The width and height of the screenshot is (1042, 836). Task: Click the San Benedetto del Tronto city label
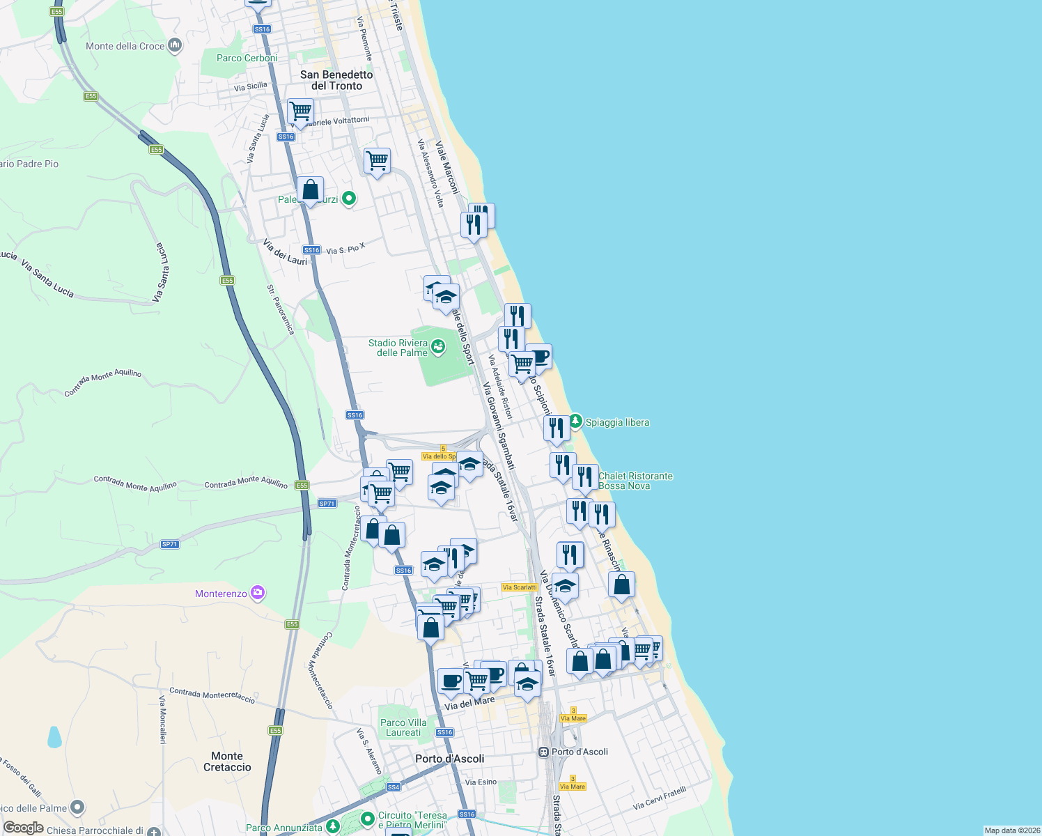tap(336, 80)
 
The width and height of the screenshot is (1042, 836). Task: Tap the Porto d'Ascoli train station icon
tap(543, 752)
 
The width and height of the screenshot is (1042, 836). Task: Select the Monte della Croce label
tap(125, 46)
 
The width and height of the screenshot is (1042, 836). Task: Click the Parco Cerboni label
tap(247, 58)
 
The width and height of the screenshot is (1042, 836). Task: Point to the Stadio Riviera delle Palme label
tap(398, 348)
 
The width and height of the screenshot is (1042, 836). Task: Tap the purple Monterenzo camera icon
tap(258, 593)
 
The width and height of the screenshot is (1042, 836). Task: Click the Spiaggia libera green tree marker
tap(575, 421)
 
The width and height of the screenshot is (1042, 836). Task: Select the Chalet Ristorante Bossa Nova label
tap(635, 481)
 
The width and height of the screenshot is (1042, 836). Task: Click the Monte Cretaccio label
tap(227, 761)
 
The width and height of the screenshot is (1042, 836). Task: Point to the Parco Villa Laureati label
tap(403, 727)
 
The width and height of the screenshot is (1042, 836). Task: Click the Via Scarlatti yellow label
tap(520, 587)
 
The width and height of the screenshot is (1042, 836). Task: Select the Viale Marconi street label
tap(447, 167)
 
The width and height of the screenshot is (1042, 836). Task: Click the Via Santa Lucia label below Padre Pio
tap(47, 278)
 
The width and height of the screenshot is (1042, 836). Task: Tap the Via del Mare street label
tap(469, 704)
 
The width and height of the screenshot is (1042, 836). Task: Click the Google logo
tap(24, 828)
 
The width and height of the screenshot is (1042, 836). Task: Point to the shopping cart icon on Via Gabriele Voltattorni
tap(300, 111)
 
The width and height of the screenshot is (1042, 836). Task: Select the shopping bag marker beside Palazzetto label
tap(310, 189)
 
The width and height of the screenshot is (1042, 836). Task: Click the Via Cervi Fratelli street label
tap(659, 798)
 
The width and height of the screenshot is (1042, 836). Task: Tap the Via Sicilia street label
tap(251, 86)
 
